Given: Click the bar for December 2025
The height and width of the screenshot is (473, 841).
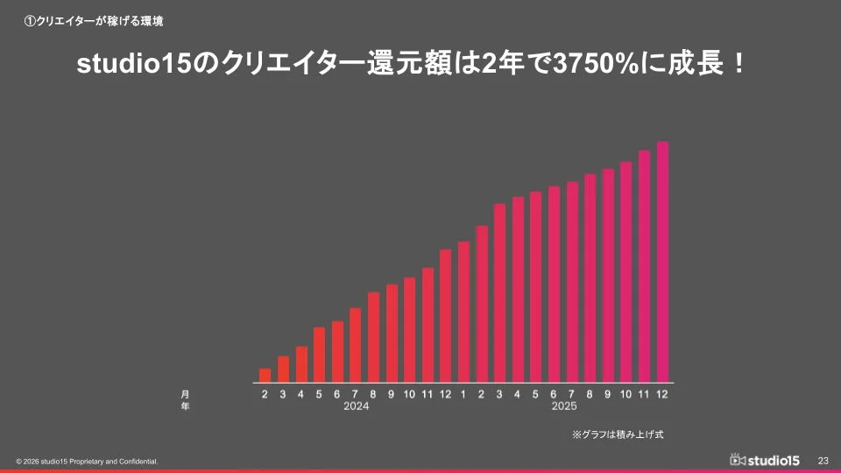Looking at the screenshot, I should click(x=662, y=262).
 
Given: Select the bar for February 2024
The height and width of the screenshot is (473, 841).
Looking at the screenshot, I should click(x=265, y=375).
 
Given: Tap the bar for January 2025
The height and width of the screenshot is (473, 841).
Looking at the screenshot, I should click(x=463, y=312).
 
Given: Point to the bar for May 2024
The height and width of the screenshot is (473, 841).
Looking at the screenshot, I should click(x=319, y=355).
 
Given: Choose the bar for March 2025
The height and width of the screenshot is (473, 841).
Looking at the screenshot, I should click(x=499, y=293).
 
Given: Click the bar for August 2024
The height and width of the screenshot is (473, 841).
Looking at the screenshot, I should click(x=373, y=337).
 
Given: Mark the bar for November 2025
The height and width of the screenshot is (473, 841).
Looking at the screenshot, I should click(x=644, y=266).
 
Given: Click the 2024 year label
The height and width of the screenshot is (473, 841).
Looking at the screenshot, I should click(x=356, y=406).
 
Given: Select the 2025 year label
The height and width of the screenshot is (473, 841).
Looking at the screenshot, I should click(x=564, y=406).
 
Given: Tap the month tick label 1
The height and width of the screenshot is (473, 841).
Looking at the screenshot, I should click(x=463, y=394).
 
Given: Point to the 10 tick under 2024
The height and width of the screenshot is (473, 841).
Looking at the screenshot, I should click(x=409, y=394).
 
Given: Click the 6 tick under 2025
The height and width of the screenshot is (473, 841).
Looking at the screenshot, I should click(x=554, y=394).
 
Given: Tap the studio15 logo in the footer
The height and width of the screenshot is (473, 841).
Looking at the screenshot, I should click(x=764, y=460).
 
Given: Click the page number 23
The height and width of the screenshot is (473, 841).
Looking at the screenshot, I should click(x=823, y=460).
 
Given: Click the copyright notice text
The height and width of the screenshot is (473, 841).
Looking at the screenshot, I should click(x=87, y=461).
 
